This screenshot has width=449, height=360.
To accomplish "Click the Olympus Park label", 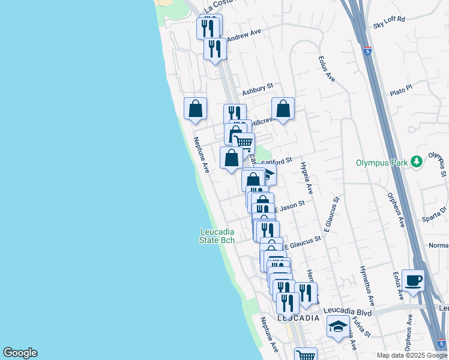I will click(380, 162).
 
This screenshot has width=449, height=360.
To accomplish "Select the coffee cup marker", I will click(412, 280).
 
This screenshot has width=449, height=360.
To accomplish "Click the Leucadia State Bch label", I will click(217, 236).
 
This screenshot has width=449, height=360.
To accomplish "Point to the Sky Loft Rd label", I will click(389, 19).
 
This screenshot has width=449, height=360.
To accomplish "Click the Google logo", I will click(20, 353).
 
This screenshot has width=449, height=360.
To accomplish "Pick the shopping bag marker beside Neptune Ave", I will click(195, 109).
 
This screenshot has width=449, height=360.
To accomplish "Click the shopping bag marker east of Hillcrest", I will click(283, 109).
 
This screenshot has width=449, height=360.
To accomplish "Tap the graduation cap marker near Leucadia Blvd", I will click(338, 327).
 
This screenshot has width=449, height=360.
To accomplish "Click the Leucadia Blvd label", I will click(348, 312).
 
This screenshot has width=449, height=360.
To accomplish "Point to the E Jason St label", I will click(289, 206).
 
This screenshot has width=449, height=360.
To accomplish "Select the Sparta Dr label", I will click(435, 214).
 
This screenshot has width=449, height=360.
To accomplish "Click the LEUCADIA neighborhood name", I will click(298, 318).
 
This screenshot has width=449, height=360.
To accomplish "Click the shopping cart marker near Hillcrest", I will click(243, 143).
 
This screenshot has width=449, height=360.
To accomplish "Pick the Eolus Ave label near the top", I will click(327, 67).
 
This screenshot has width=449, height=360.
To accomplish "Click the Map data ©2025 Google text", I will click(412, 355).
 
